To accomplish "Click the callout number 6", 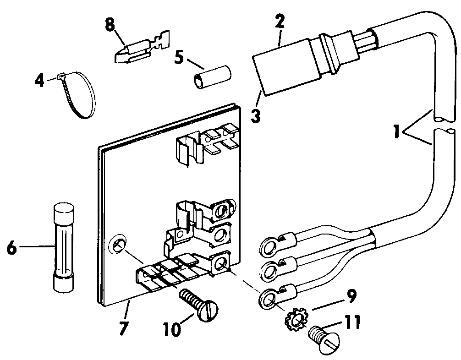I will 13,248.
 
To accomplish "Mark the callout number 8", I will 110,25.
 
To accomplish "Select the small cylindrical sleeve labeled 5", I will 211,77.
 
